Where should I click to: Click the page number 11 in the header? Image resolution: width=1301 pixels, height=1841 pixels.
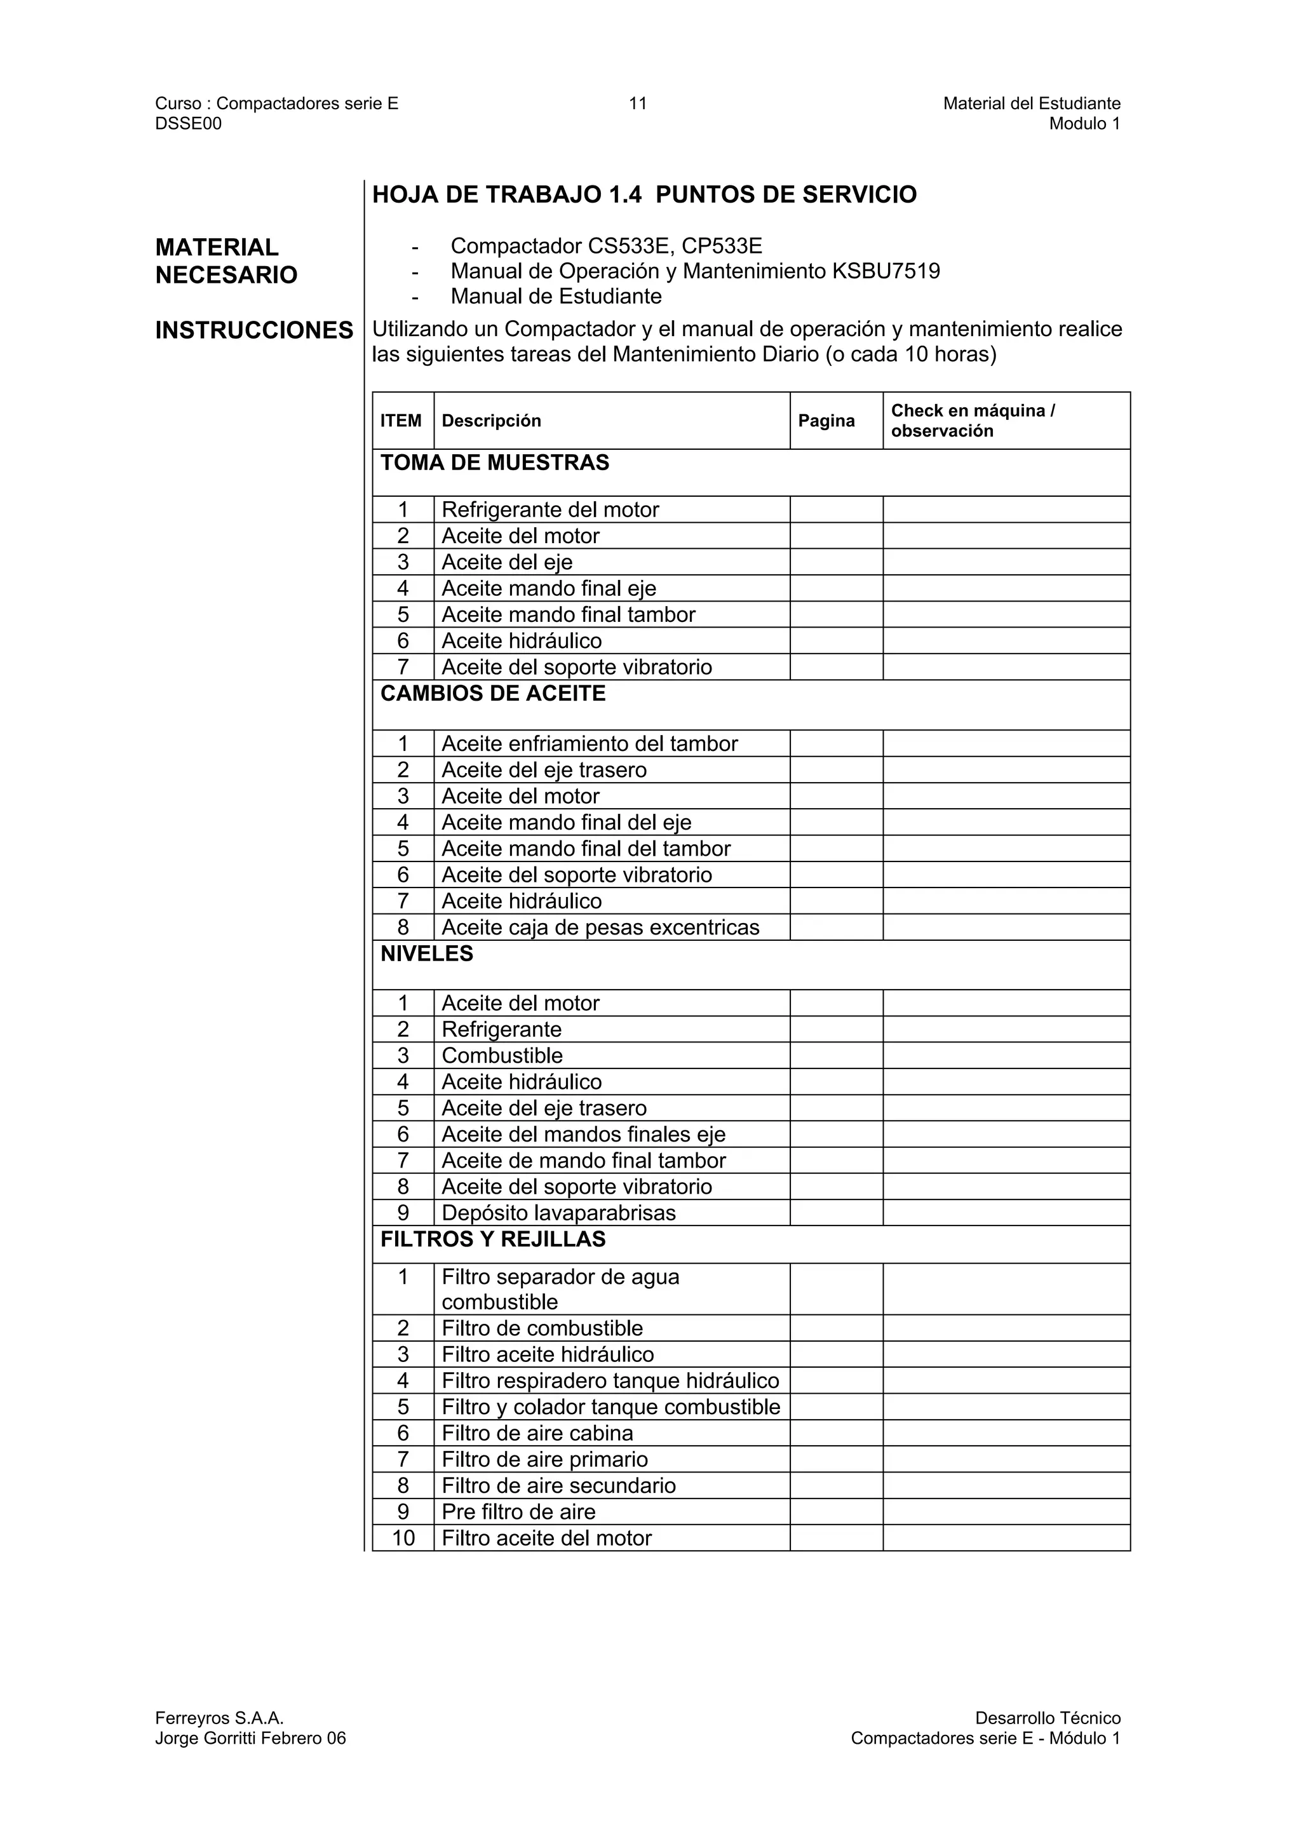[x=637, y=104]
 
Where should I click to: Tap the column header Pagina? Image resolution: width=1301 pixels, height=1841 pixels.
[x=826, y=421]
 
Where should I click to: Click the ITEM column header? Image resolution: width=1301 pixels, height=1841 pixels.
[x=401, y=421]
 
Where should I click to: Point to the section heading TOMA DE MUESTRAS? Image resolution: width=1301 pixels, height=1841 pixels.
[x=495, y=462]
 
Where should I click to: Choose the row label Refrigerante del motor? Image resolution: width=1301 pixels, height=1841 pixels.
[x=550, y=510]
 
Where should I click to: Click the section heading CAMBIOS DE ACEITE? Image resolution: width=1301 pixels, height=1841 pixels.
[x=492, y=694]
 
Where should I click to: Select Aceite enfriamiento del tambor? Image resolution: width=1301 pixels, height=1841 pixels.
[x=589, y=744]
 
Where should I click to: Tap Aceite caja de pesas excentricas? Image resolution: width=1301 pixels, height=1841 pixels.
[x=600, y=927]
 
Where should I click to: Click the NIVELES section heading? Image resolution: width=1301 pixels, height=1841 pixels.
[x=426, y=954]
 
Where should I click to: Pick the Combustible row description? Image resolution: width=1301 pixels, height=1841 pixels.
[x=502, y=1056]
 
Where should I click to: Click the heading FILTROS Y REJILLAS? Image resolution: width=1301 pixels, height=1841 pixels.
[x=492, y=1239]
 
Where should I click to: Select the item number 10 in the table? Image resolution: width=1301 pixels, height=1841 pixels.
[x=403, y=1539]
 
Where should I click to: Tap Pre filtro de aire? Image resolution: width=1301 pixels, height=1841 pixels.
[x=518, y=1512]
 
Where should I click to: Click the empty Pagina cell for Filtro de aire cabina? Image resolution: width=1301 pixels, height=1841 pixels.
[x=836, y=1434]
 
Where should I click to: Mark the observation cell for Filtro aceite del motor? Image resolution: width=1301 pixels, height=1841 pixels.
[x=1006, y=1539]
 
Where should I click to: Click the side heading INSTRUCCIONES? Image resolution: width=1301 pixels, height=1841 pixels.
[x=254, y=330]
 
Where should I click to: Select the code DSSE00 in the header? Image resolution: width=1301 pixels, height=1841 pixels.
[x=189, y=123]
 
